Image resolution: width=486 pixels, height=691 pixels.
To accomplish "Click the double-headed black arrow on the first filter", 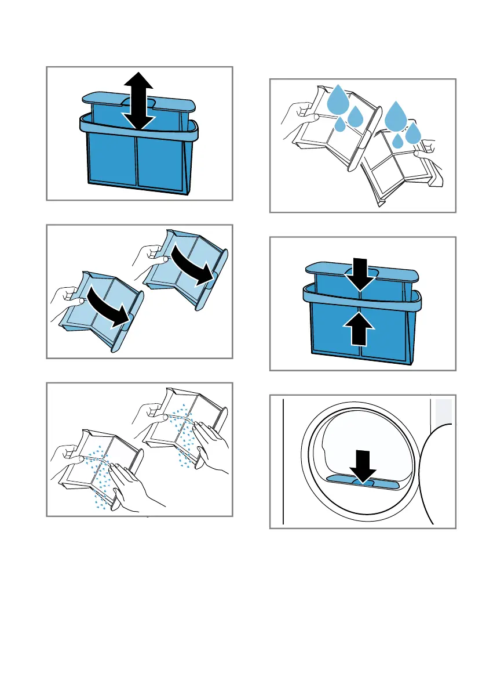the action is point(139,101).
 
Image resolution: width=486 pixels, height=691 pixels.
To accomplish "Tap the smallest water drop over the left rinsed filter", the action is point(341,123).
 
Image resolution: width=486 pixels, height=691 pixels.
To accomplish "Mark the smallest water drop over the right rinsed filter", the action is point(397,141).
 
